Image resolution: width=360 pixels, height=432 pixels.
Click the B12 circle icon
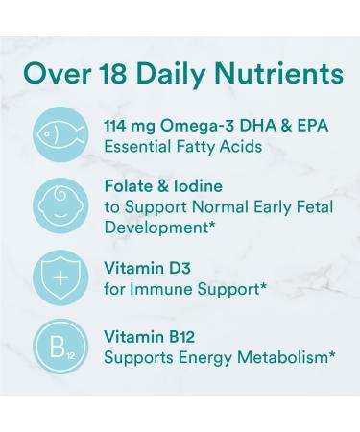60,344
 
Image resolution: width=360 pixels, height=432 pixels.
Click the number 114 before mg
118,125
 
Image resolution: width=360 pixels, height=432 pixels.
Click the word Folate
128,187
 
